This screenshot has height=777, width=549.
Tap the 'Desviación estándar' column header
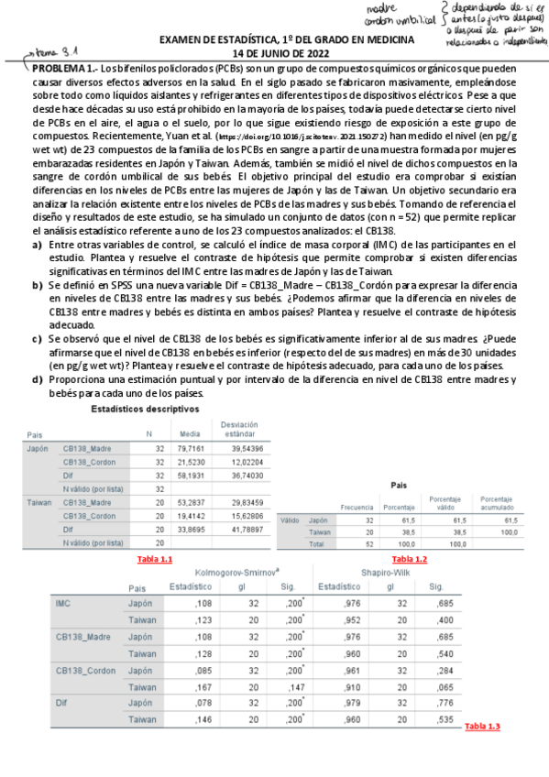point(238,429)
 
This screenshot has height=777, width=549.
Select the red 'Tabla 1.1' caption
point(154,559)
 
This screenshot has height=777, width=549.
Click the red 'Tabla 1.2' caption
point(409,559)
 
